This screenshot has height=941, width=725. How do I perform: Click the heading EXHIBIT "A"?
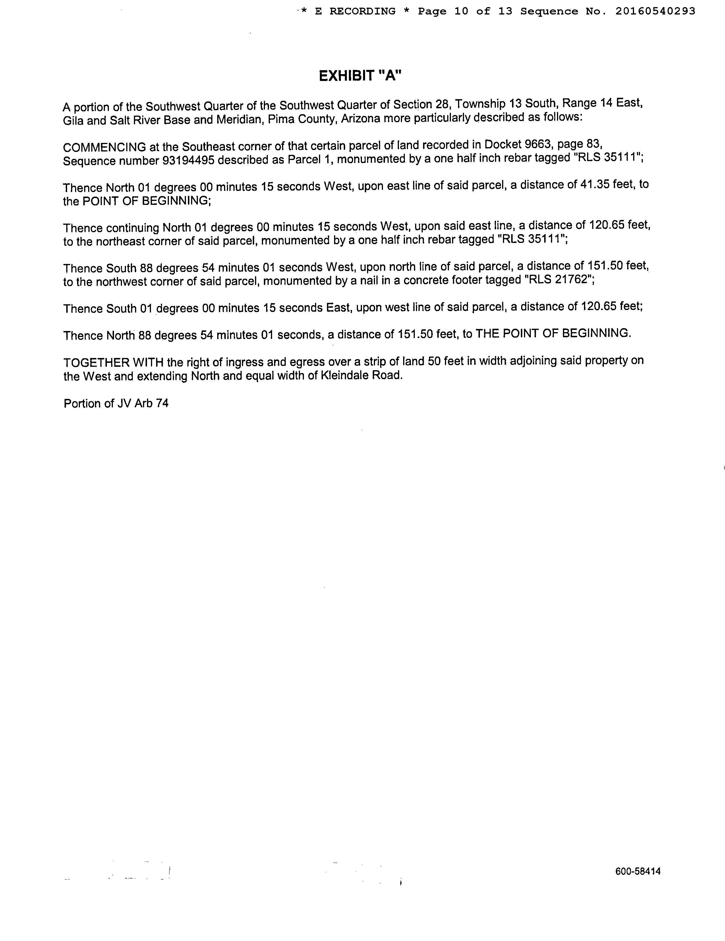tap(360, 76)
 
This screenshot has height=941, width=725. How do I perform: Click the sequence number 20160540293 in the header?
tap(655, 12)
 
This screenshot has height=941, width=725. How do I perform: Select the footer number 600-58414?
tap(638, 871)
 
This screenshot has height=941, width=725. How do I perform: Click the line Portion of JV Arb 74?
tap(116, 403)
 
